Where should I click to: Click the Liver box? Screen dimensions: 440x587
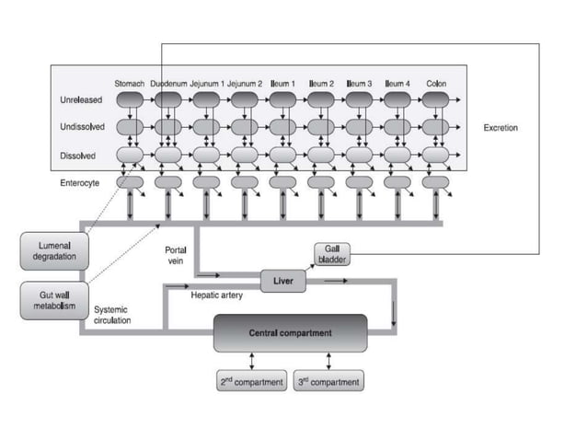coord(282,282)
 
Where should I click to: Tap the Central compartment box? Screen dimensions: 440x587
coord(290,332)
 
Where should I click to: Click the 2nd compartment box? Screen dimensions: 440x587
coord(251,381)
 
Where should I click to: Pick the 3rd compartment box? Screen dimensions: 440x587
coord(328,381)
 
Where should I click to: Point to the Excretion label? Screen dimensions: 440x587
coord(501,128)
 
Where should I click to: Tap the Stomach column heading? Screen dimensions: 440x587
coord(130,83)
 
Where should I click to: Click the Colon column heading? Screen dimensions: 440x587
coord(436,83)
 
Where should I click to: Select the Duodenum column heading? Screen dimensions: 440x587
coord(168,83)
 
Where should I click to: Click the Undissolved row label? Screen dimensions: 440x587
coord(82,128)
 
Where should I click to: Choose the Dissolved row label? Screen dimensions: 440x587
coord(78,156)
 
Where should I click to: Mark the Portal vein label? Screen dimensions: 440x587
coord(175,255)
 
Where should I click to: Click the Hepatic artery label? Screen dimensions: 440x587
coord(217,295)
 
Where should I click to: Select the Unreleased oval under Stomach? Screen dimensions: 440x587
coord(130,99)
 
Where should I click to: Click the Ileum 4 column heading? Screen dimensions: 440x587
coord(397,83)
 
